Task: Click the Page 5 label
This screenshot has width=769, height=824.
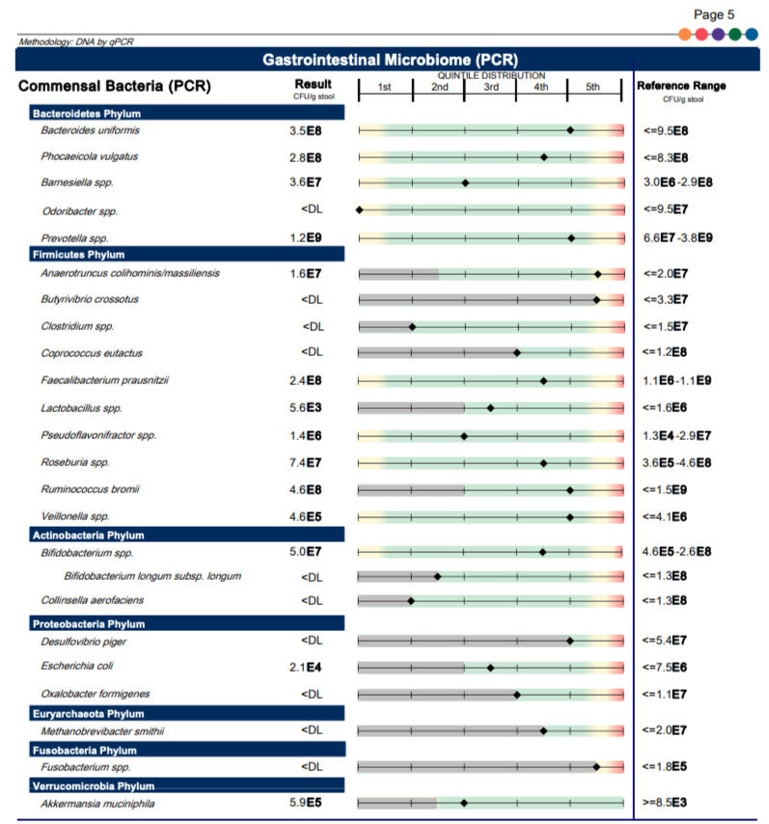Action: click(x=716, y=14)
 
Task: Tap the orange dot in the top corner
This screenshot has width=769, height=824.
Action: click(x=685, y=34)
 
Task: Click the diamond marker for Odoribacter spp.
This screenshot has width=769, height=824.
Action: click(x=359, y=209)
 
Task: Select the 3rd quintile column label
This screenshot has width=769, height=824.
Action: click(x=491, y=88)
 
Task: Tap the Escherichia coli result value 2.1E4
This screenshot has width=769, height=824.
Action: click(x=306, y=667)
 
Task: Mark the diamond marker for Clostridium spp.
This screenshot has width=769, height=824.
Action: click(x=412, y=326)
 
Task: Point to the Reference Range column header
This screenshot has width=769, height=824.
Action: click(x=681, y=86)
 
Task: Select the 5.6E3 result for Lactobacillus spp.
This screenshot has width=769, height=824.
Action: click(x=306, y=408)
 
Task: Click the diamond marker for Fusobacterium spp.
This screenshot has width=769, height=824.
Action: click(x=596, y=766)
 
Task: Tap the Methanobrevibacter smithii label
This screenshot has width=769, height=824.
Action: click(x=100, y=730)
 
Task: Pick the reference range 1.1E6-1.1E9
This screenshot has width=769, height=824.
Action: click(x=677, y=381)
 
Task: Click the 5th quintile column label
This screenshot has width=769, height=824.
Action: click(x=592, y=88)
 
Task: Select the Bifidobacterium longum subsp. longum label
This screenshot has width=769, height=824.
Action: click(x=152, y=576)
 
